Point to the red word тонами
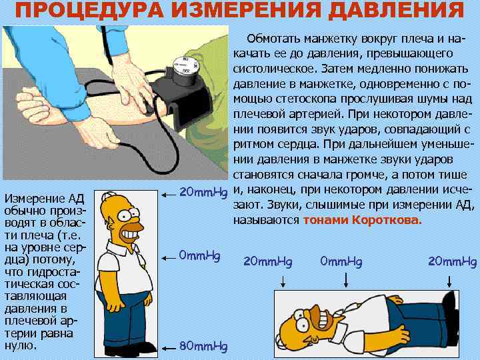pyautogui.click(x=325, y=220)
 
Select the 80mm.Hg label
pyautogui.click(x=204, y=346)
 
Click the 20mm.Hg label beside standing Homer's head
pyautogui.click(x=204, y=193)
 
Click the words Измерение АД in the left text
pyautogui.click(x=43, y=198)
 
